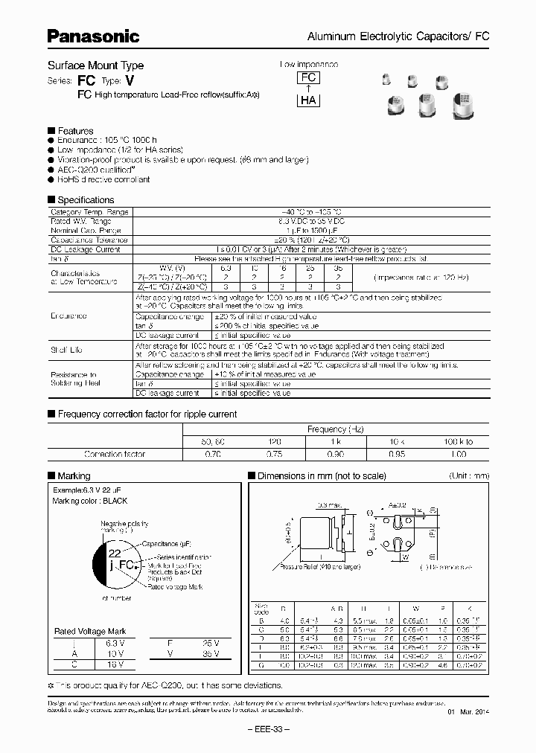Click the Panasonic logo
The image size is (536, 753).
tap(93, 35)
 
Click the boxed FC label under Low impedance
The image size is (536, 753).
tap(308, 78)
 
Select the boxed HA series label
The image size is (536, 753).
tap(308, 101)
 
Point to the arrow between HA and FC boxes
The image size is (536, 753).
tap(308, 89)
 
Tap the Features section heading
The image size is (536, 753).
tap(75, 131)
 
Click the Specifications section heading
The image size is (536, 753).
tap(86, 200)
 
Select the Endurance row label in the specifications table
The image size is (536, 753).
tap(68, 316)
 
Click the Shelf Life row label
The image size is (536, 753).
tap(66, 350)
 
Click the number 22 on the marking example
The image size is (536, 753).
tap(115, 554)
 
